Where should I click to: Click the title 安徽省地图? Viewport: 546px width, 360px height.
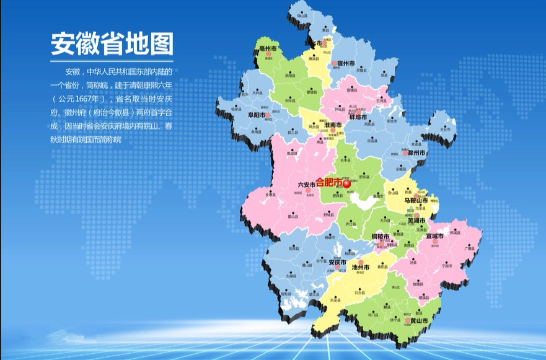tap(112, 44)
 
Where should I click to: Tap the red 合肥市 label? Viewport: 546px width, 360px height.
tap(328, 183)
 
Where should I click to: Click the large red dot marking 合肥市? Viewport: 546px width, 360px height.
tap(347, 183)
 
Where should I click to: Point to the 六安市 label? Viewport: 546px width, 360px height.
tap(306, 184)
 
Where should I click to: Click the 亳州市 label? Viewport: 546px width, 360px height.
tap(269, 47)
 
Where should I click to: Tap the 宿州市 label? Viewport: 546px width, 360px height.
tap(346, 64)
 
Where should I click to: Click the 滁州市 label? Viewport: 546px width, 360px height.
tap(416, 152)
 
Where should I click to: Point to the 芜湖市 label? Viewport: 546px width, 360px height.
tap(416, 220)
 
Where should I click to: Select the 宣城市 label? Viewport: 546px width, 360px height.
tap(434, 236)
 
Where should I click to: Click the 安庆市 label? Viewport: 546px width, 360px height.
tap(337, 261)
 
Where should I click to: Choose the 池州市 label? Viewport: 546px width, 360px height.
tap(361, 268)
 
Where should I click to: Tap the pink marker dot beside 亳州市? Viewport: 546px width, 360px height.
tap(269, 54)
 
